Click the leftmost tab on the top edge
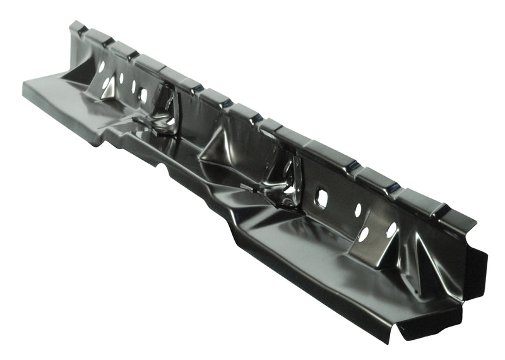(x=78, y=28)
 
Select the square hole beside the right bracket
(x=321, y=198)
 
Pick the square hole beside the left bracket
(x=143, y=95)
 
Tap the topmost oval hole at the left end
(x=101, y=66)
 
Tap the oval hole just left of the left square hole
(x=133, y=87)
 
